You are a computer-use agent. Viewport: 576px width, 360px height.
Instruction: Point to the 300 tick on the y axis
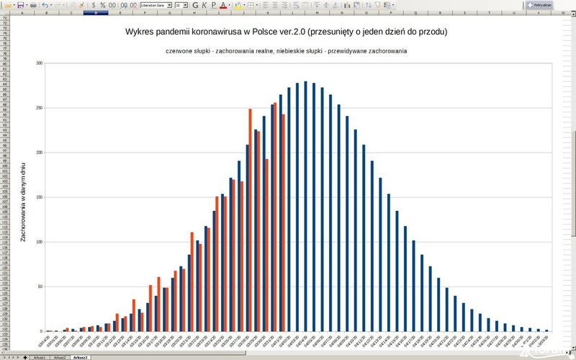click(40, 63)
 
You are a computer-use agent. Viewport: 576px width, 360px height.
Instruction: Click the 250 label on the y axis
click(40, 108)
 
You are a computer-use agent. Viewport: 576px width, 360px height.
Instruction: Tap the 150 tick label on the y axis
click(40, 197)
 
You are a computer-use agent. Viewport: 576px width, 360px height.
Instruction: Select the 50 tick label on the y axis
click(40, 287)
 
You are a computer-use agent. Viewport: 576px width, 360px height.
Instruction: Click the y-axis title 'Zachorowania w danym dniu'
click(24, 202)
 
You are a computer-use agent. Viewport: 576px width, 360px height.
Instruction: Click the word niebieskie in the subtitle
click(328, 51)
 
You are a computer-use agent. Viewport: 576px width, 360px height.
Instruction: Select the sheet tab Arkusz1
click(40, 357)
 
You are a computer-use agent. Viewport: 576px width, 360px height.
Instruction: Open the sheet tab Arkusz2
click(59, 357)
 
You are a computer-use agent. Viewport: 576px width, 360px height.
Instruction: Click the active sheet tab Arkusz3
click(80, 357)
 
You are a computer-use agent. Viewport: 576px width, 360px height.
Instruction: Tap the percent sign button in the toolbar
click(103, 4)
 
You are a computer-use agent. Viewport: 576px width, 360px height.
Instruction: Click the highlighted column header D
click(96, 13)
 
